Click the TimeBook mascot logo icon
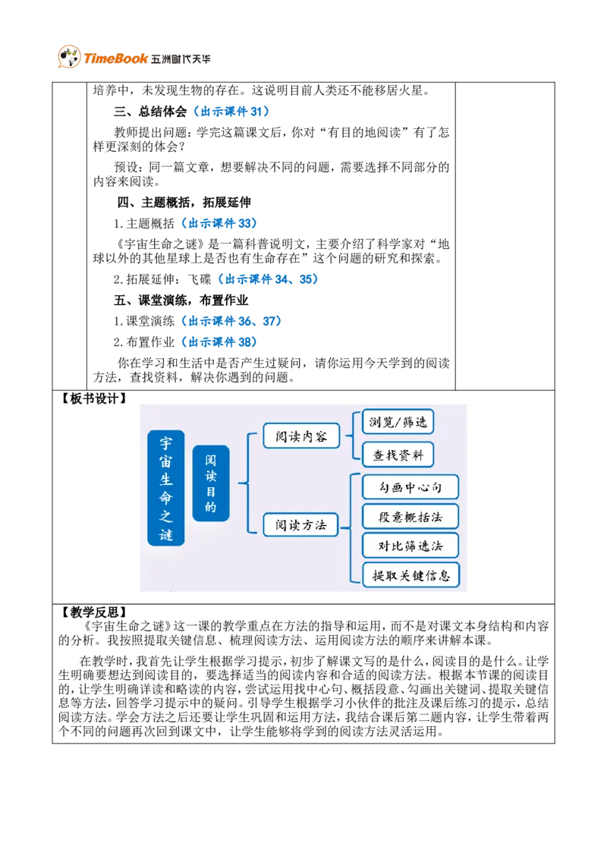pos(70,56)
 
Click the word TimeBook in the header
pos(116,58)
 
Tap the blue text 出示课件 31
pos(231,112)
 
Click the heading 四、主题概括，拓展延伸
pos(184,202)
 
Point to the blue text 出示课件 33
pos(219,224)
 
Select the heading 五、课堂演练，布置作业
pos(181,300)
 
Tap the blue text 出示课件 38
pos(219,342)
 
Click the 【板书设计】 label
pos(93,399)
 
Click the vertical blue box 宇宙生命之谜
pos(166,488)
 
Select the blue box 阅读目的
pos(211,483)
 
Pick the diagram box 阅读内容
pos(301,436)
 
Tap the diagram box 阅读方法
pos(300,525)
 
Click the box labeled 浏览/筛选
pos(398,422)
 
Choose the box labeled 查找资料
pos(398,455)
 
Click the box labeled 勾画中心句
pos(410,487)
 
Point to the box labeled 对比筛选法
pos(410,546)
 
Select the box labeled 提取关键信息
pos(411,575)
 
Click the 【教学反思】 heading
pos(93,612)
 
